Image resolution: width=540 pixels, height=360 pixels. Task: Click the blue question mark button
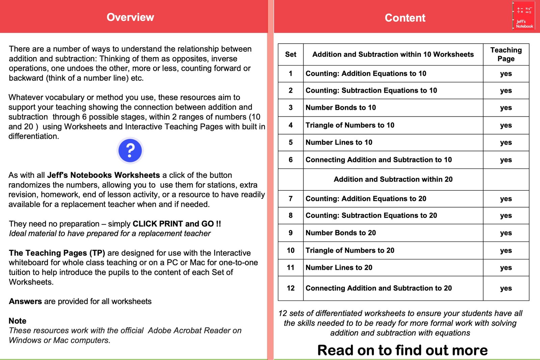(130, 150)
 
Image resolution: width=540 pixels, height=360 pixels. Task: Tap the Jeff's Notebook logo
(523, 16)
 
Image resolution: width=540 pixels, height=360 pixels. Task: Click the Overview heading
(130, 17)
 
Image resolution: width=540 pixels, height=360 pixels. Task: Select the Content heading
(405, 18)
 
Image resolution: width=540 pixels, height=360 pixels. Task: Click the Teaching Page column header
(506, 54)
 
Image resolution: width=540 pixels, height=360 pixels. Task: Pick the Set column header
(291, 54)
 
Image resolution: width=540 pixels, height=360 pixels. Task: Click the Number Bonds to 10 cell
(341, 108)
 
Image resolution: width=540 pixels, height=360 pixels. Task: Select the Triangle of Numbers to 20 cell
(350, 250)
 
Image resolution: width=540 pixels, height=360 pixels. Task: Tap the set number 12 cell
(291, 288)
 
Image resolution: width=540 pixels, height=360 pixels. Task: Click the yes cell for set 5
(506, 142)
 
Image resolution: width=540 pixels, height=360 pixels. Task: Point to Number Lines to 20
(339, 268)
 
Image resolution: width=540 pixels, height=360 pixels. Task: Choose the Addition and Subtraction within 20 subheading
(393, 179)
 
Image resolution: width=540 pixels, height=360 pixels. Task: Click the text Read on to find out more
(402, 350)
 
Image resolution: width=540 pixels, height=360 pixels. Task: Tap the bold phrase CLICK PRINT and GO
(177, 224)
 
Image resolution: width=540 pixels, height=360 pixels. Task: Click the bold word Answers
(25, 301)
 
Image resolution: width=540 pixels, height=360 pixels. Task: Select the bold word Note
(18, 321)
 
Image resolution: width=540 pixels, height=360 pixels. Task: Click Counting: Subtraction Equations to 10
(371, 90)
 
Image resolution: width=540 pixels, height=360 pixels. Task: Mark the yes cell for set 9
(506, 233)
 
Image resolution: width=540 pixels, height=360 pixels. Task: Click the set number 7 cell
(291, 199)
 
